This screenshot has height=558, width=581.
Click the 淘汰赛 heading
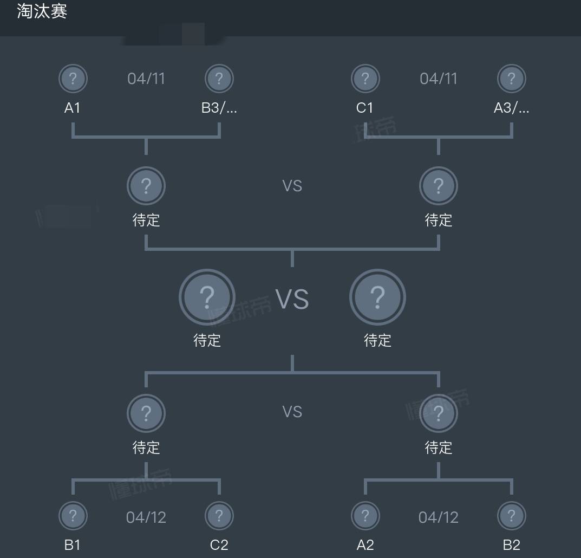pos(42,11)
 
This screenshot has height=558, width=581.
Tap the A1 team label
pos(73,108)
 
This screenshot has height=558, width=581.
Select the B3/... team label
pos(219,108)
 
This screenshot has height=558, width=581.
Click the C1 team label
pos(365,108)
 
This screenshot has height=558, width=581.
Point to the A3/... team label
pos(512,108)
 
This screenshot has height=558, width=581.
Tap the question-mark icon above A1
pos(73,79)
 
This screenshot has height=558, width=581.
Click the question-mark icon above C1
pos(365,79)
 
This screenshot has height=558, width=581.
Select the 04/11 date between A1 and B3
pos(146,79)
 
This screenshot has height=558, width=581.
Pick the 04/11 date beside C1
pos(439,79)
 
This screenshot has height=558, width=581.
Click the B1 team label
pos(73,544)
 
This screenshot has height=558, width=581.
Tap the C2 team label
pos(219,544)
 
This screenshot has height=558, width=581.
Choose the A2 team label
pos(365,544)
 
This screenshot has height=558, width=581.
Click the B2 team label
pos(512,544)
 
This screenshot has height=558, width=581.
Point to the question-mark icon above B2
pos(512,515)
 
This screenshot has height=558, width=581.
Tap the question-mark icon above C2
pos(219,515)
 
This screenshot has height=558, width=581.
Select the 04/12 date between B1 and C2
pos(146,517)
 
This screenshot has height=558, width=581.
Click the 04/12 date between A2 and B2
pos(439,517)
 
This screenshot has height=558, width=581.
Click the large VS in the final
pos(292,299)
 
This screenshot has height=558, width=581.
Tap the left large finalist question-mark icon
pos(207,297)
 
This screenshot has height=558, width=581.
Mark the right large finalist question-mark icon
pos(377,297)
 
